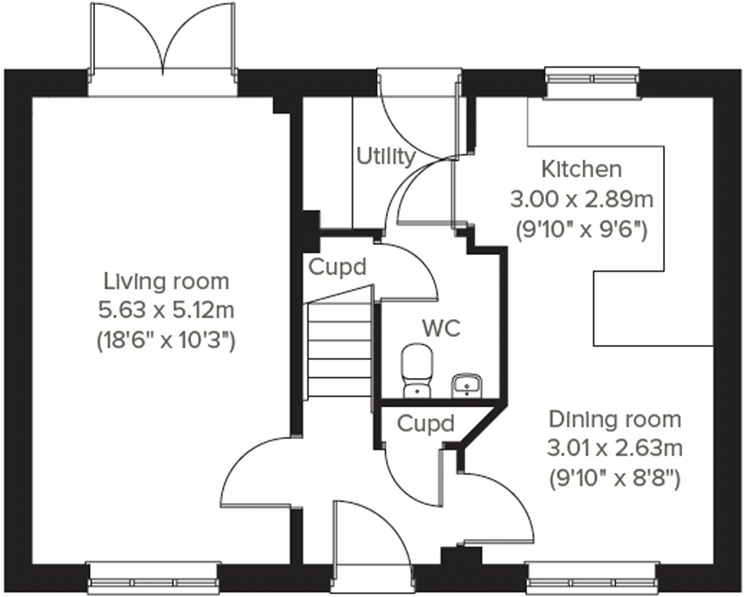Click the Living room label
click(x=166, y=282)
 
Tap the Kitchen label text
click(x=581, y=169)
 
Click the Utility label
click(x=386, y=157)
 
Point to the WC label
click(x=441, y=328)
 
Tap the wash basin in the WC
click(x=466, y=386)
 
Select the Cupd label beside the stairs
click(x=337, y=268)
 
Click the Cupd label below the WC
click(x=425, y=423)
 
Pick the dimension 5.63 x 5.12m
click(x=166, y=310)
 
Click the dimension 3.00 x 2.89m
click(x=581, y=200)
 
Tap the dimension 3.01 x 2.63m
click(x=615, y=448)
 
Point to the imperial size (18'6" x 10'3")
click(x=166, y=340)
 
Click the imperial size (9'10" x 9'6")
click(x=581, y=230)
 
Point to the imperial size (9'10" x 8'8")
click(x=615, y=479)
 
